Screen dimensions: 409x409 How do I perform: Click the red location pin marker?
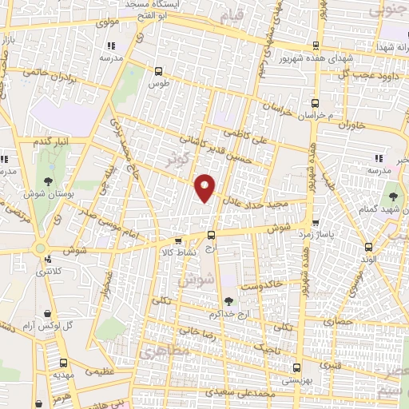click(x=206, y=188)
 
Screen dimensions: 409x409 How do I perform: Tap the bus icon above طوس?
click(x=157, y=69)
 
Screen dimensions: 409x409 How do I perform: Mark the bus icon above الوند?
click(x=367, y=247)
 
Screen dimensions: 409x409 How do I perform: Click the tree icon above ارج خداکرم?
click(x=229, y=301)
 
